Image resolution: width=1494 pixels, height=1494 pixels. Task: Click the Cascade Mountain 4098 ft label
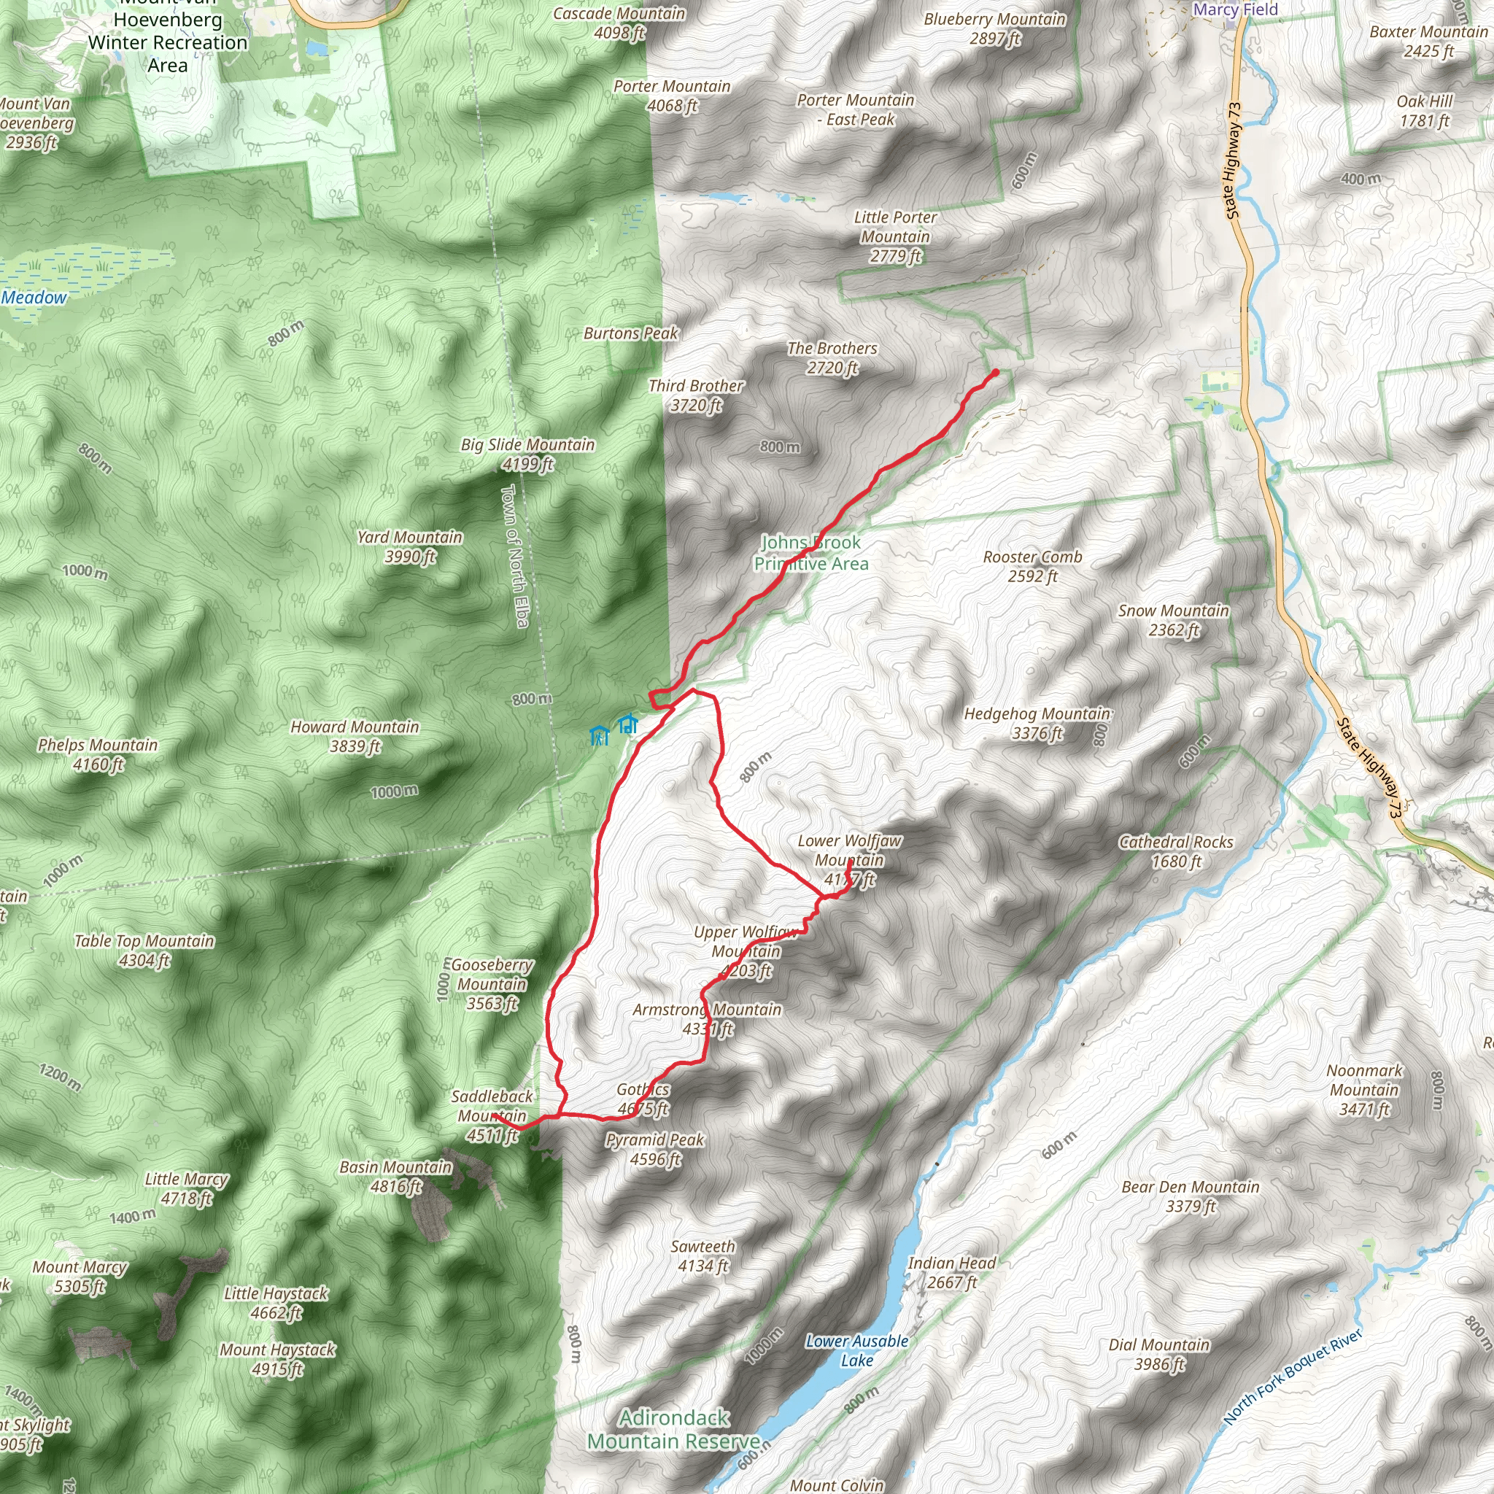tap(619, 23)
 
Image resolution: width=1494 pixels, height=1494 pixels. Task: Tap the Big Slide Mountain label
tap(528, 454)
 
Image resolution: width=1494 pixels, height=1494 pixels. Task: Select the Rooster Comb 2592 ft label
tap(1032, 566)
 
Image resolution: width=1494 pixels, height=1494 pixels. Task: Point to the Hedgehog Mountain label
tap(1037, 723)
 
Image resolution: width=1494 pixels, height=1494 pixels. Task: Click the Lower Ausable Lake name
tap(857, 1351)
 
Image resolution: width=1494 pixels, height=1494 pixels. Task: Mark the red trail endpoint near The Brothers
tap(995, 373)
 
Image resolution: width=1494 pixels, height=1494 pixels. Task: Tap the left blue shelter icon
tap(600, 735)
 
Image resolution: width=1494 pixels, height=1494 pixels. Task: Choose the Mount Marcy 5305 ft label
tap(80, 1276)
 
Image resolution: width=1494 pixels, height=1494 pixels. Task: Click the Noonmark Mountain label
tap(1364, 1090)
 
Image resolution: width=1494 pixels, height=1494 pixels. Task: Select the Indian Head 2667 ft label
tap(952, 1272)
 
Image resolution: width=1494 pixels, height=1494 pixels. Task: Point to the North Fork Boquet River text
tap(1292, 1377)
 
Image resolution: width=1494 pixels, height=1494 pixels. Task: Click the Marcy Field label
tap(1236, 9)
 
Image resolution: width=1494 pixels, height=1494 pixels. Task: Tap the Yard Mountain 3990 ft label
tap(410, 546)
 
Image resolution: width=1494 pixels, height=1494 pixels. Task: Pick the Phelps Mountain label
tap(98, 755)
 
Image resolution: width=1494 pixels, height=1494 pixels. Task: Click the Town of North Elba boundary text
tap(515, 555)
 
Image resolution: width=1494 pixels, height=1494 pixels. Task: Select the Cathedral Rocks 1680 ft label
tap(1176, 851)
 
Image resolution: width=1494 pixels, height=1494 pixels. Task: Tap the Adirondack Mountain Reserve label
tap(673, 1429)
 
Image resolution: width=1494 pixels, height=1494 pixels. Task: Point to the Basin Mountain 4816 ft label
tap(396, 1176)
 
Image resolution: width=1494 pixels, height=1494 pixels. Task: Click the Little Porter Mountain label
tap(896, 236)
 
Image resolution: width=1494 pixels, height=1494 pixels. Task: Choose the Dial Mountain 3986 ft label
tap(1158, 1354)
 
